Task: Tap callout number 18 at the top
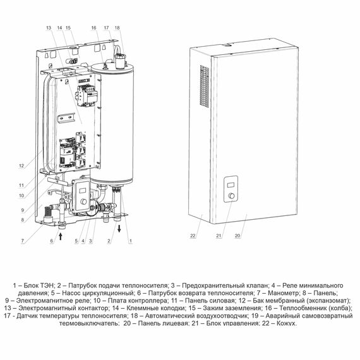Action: click(x=117, y=28)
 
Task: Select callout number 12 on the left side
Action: click(x=21, y=165)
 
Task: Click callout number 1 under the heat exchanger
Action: click(x=131, y=241)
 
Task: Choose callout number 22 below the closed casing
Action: click(x=193, y=236)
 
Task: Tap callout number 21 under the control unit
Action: click(x=219, y=236)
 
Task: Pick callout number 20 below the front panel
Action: click(x=237, y=236)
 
